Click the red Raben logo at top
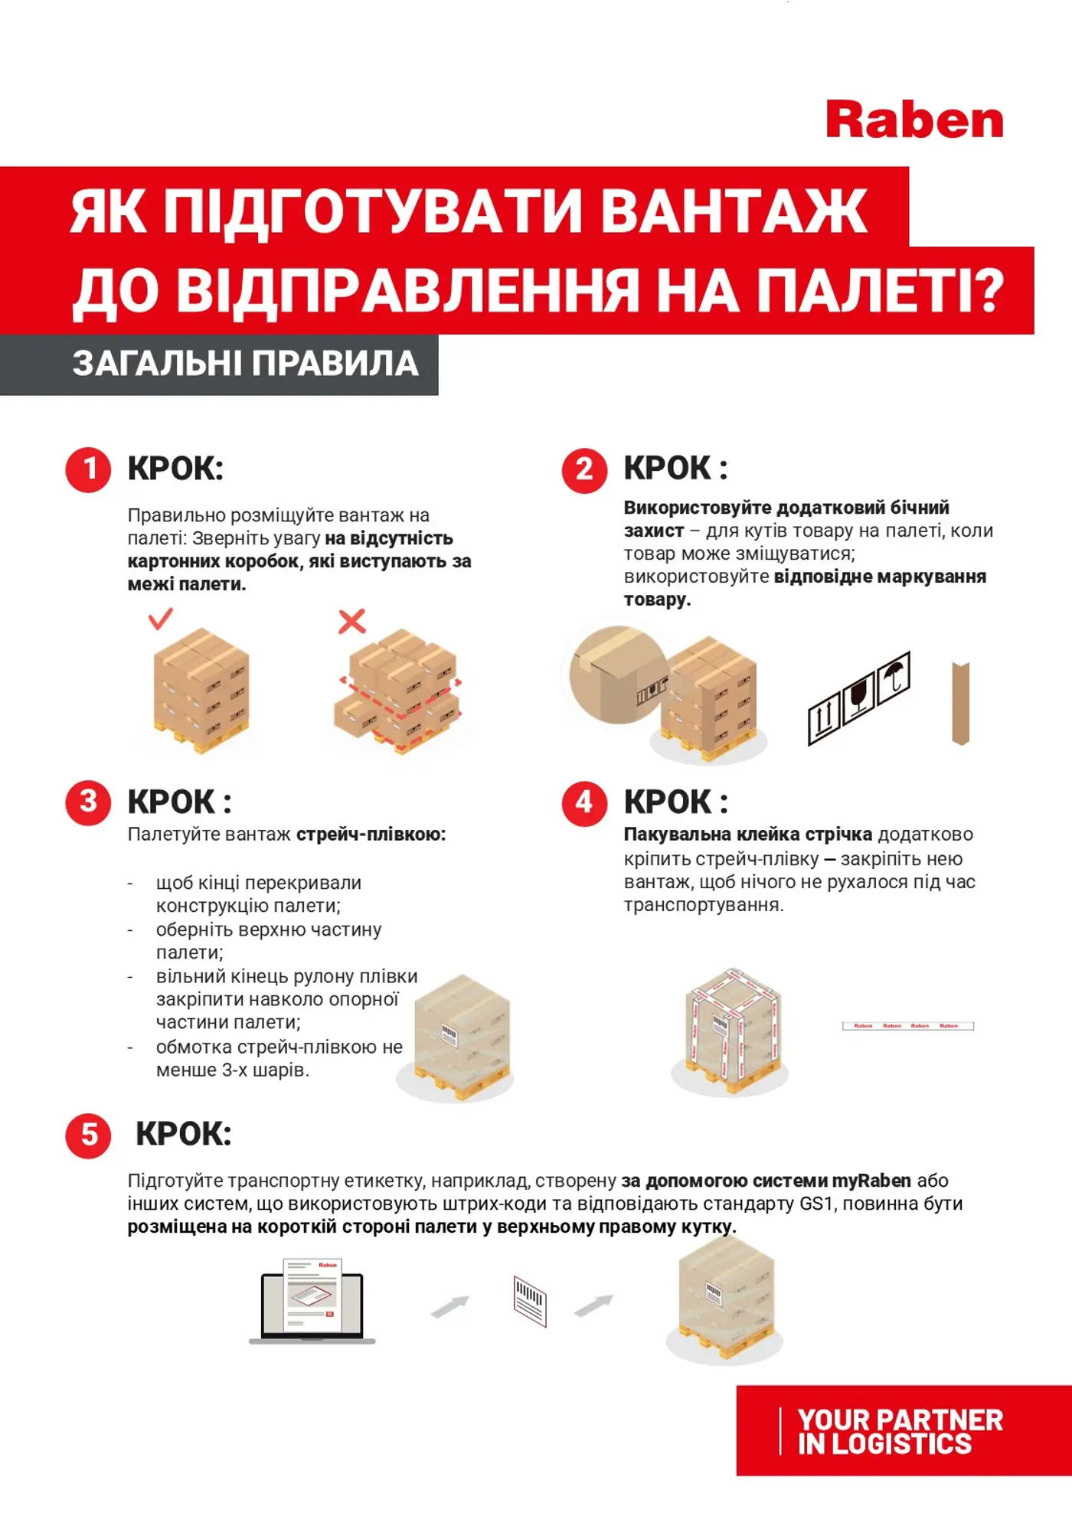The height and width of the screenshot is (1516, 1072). coord(914,120)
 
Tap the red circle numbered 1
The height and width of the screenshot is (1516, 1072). coord(89,469)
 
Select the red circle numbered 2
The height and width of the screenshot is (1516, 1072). coord(584,469)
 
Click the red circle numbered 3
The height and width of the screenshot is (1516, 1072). coord(89,802)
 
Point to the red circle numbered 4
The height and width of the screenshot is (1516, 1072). coord(584,802)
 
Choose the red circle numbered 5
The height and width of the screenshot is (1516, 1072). coord(89,1135)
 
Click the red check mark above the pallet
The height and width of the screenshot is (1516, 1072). coord(160,618)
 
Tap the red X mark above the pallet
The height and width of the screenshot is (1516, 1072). coord(352,621)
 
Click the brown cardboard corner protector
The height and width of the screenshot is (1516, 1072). coord(961,703)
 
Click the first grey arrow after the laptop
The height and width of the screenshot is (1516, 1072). coord(449,1307)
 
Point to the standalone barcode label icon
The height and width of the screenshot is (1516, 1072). coord(530,1301)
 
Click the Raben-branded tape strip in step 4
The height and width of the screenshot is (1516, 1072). coord(908,1026)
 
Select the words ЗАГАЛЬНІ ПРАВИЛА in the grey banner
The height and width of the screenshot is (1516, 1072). coord(245,364)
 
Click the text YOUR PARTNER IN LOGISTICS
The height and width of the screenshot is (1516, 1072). coord(900,1432)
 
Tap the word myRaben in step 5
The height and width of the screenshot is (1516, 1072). coord(871,1181)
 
